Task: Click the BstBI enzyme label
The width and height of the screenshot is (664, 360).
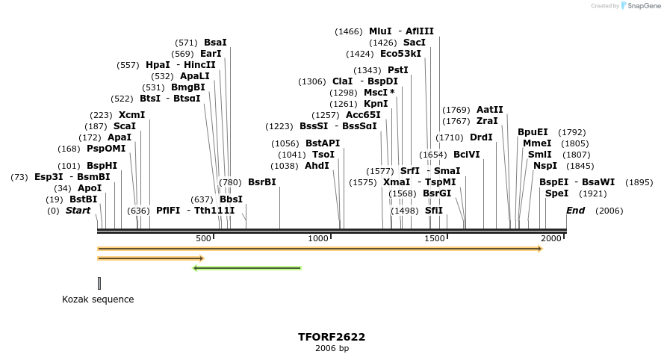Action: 83,199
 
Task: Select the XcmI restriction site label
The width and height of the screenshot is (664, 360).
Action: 131,115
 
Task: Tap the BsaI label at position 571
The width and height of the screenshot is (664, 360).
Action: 215,43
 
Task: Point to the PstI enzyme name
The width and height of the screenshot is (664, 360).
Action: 397,69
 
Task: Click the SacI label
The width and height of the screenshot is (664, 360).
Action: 415,43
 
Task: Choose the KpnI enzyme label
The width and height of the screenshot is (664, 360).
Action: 376,103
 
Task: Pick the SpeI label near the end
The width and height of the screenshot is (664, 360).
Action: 556,193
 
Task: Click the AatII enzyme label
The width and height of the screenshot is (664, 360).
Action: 489,109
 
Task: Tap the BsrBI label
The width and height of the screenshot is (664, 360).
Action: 261,181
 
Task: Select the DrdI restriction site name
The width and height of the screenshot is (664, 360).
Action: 481,137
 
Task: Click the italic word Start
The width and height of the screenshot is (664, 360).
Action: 78,211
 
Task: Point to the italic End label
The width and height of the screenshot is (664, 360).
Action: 575,211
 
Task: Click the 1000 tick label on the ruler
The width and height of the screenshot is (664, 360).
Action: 319,238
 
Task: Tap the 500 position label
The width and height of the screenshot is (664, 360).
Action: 203,238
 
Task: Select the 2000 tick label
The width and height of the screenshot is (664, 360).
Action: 551,238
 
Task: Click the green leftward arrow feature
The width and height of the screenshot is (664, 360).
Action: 246,267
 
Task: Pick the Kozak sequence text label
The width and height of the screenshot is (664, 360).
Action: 98,300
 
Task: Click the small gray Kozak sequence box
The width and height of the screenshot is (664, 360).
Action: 99,283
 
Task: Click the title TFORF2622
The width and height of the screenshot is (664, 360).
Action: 332,337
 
